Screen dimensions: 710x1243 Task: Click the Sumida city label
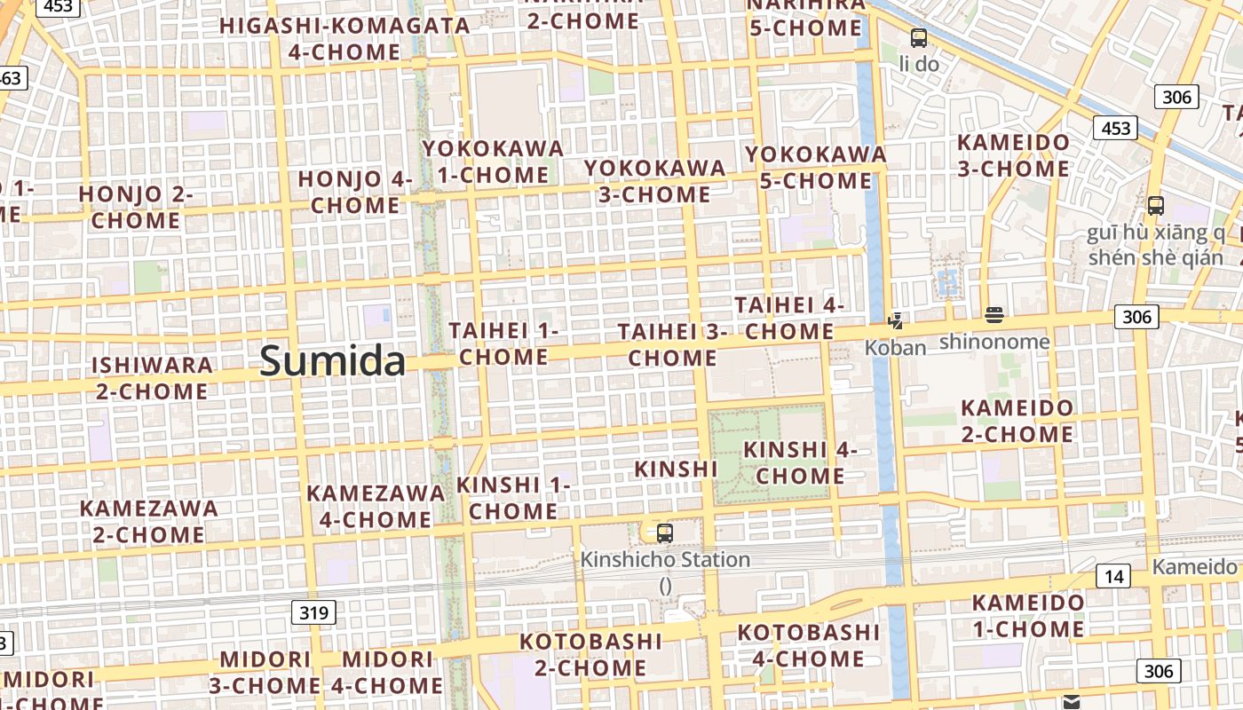click(333, 361)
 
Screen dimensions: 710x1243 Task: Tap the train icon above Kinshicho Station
click(664, 533)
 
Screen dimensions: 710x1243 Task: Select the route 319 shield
click(313, 611)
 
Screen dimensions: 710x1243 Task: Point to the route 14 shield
click(1113, 576)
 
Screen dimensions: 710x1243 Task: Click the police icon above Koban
click(896, 321)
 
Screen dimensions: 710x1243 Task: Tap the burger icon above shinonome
click(994, 314)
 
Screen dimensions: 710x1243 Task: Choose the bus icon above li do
click(918, 38)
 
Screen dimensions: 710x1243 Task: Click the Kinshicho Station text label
click(665, 560)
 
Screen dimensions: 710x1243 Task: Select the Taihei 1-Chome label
click(503, 343)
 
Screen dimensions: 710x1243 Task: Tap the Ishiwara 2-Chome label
click(151, 377)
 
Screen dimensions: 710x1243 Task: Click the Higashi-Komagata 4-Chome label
click(344, 38)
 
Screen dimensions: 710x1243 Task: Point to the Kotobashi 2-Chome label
click(590, 654)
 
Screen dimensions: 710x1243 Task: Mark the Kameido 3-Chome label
click(1013, 155)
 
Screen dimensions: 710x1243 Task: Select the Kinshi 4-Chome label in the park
click(800, 462)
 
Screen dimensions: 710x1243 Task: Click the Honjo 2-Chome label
click(136, 207)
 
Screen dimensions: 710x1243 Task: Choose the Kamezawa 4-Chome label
click(376, 505)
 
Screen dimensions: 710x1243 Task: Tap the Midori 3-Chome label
click(265, 672)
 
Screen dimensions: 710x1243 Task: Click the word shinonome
click(994, 341)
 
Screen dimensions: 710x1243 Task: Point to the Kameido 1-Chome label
click(1027, 616)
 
